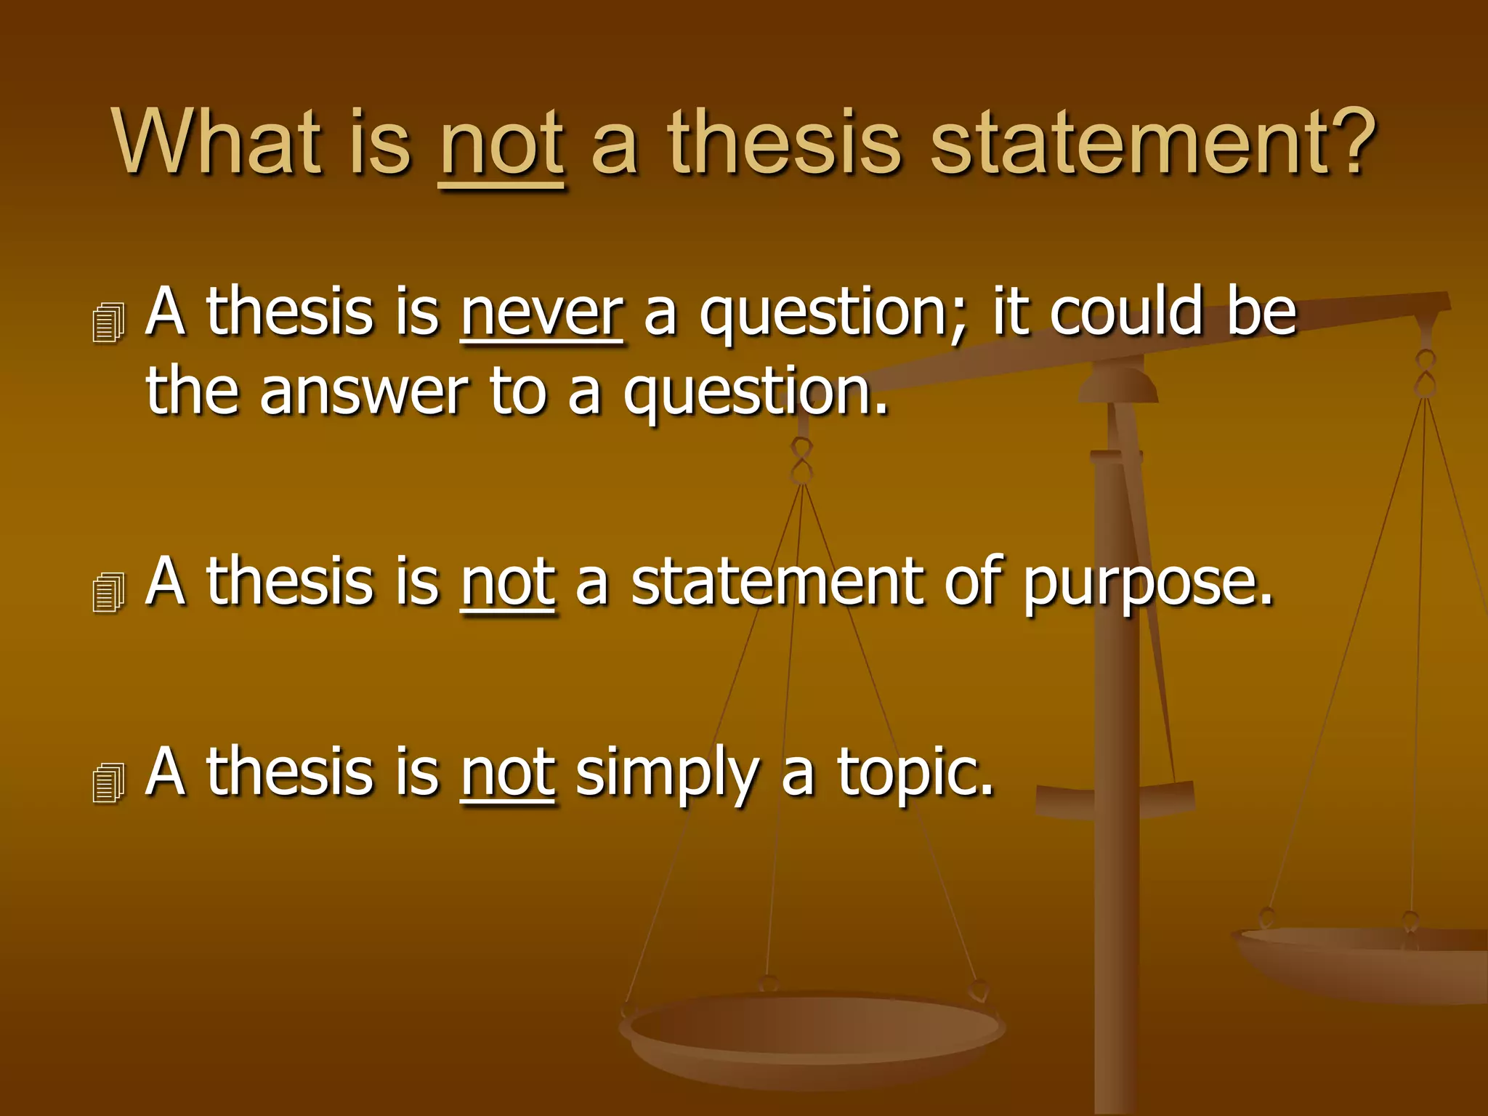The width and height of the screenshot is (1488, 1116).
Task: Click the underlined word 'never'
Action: click(x=541, y=312)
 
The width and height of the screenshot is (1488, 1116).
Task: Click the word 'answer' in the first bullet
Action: click(x=363, y=392)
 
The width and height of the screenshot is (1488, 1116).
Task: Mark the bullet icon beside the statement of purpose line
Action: click(x=109, y=592)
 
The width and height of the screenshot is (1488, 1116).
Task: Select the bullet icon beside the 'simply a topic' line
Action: click(x=109, y=783)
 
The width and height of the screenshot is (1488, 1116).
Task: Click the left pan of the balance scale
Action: click(x=812, y=1032)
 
